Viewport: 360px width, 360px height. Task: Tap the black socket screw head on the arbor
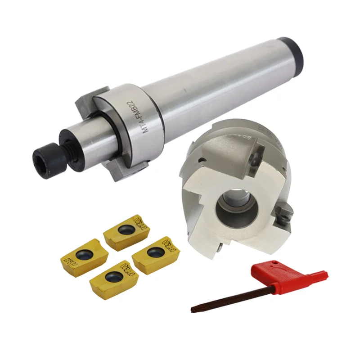click(x=43, y=158)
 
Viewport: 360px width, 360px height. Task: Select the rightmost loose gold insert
click(x=154, y=254)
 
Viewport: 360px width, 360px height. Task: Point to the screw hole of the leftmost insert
click(x=83, y=256)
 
